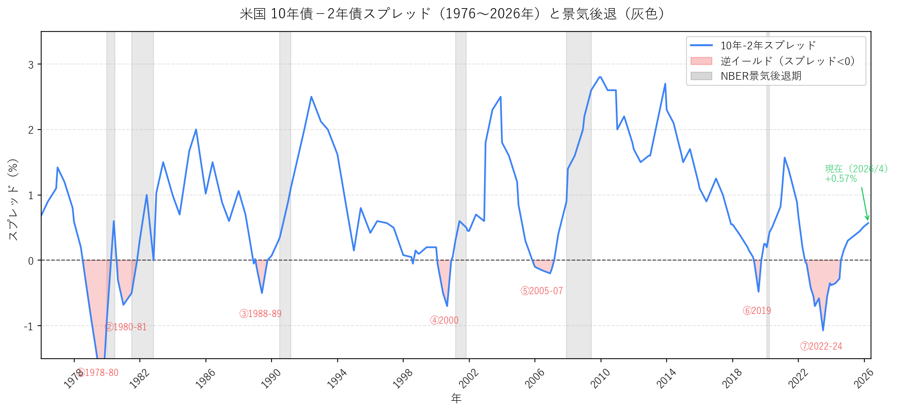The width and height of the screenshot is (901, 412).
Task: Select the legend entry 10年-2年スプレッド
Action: point(768,46)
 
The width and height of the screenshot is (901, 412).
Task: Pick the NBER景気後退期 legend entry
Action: point(761,76)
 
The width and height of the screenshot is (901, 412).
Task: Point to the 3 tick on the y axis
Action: point(31,65)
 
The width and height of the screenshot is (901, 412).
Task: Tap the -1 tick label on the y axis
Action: point(28,326)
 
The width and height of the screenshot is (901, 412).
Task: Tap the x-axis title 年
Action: point(456,399)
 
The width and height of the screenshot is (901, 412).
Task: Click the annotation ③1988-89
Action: point(260,314)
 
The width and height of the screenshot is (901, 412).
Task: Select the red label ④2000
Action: point(444,321)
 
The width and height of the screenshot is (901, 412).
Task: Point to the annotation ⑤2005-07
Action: point(542,291)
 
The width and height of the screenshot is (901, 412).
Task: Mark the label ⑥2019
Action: point(757,311)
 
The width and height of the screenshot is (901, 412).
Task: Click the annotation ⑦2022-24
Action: point(821,346)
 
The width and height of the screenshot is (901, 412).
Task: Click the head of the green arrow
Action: point(867,219)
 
